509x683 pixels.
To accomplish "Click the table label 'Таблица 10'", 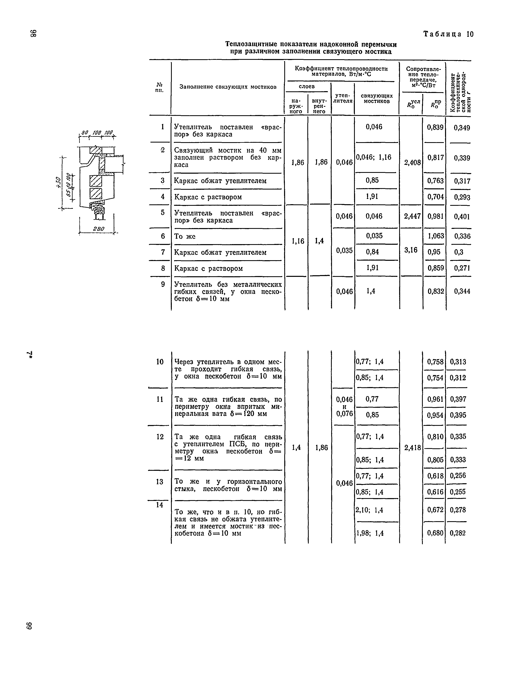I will (448, 34).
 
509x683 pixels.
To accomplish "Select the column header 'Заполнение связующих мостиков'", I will (228, 87).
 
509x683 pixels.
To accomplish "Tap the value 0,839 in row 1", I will (435, 127).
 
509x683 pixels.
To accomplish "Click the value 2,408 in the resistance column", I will (412, 162).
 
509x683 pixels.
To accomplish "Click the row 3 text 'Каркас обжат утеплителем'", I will (220, 181).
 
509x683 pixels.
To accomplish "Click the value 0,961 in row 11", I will (435, 399).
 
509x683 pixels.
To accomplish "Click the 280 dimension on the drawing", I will (99, 229).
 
